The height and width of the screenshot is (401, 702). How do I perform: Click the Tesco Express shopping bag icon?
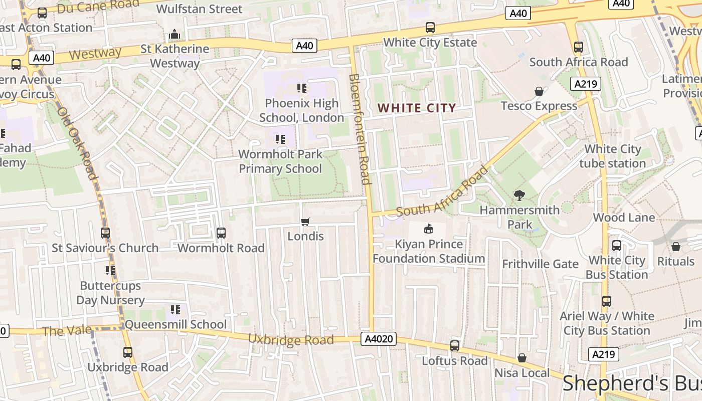point(539,91)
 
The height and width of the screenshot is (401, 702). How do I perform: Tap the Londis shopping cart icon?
point(305,222)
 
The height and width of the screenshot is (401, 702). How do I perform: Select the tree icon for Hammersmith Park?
point(519,195)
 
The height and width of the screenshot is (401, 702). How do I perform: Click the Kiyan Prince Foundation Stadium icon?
point(429,230)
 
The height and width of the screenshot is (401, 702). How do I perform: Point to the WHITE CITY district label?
point(417,108)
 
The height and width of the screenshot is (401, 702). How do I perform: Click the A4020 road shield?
point(378,339)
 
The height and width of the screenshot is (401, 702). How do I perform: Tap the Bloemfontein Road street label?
point(360,129)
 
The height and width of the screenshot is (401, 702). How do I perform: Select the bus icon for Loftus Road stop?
point(454,346)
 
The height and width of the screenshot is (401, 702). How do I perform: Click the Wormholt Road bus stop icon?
point(221,233)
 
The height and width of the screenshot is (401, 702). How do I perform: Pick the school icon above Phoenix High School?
point(302,89)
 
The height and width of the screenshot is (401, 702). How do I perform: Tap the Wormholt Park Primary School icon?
point(280,139)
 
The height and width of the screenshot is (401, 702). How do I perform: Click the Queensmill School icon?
point(175,310)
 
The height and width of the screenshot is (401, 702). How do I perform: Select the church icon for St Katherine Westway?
point(174,35)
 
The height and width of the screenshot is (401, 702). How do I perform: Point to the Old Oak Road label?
point(78,143)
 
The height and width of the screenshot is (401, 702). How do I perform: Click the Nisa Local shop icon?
point(522,358)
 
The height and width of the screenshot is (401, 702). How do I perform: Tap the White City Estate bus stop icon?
point(430,28)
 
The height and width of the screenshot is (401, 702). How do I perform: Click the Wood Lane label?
point(624,217)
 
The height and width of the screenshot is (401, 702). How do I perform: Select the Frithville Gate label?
point(540,264)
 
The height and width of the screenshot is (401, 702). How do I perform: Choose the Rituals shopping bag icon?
point(675,247)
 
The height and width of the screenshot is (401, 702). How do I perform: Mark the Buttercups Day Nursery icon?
point(110,271)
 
